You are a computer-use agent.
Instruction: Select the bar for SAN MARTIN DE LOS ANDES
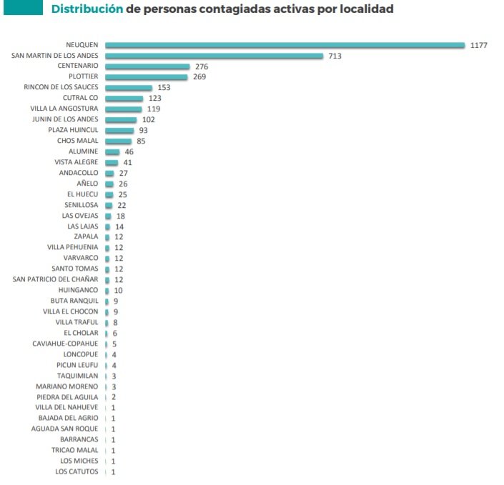(x=214, y=56)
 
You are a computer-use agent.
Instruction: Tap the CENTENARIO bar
(x=147, y=66)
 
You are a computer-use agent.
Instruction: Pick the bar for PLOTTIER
(x=146, y=77)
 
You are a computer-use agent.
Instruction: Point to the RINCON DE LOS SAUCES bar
(x=129, y=88)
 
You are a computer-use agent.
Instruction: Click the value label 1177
(x=479, y=45)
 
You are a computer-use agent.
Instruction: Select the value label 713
(x=335, y=56)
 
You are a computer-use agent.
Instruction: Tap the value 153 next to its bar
(x=163, y=88)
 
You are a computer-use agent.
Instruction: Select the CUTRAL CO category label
(x=81, y=99)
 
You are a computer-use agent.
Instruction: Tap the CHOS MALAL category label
(x=78, y=141)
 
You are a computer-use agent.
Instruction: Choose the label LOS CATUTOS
(x=76, y=472)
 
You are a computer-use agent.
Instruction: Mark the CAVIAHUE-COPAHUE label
(x=65, y=344)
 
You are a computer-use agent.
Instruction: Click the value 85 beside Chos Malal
(x=141, y=141)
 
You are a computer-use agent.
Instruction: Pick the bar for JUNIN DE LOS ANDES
(x=120, y=120)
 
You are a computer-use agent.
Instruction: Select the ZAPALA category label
(x=86, y=237)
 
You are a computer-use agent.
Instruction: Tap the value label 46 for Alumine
(x=129, y=152)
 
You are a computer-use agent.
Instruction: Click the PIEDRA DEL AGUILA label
(x=67, y=397)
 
